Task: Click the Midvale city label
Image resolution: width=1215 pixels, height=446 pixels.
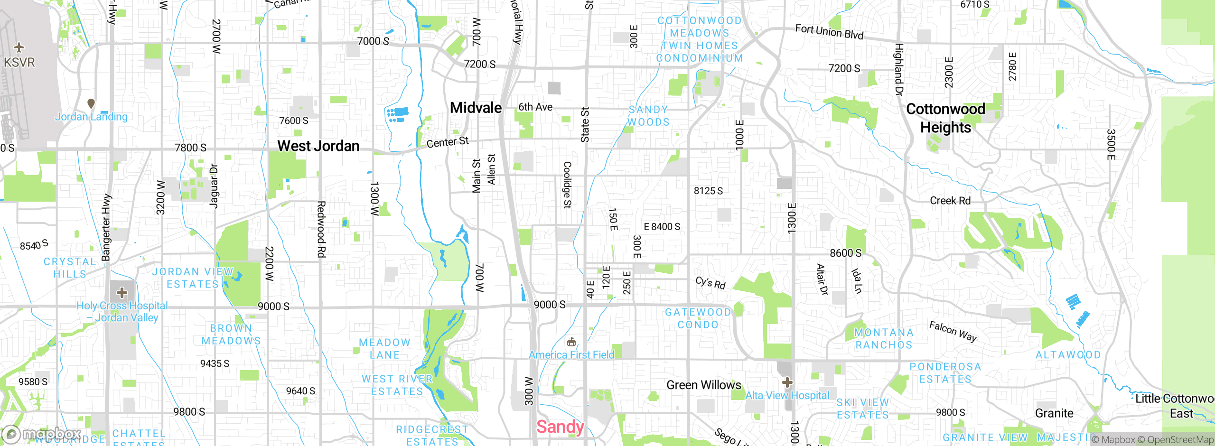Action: [x=476, y=108]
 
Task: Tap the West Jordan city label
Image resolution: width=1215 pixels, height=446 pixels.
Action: [x=318, y=146]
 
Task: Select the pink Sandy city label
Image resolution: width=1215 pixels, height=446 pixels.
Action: [x=560, y=427]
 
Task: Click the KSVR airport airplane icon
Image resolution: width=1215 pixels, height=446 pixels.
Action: [x=19, y=47]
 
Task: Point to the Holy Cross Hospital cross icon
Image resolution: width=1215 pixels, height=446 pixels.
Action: [x=122, y=292]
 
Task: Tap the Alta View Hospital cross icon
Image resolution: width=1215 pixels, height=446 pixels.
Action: [x=787, y=382]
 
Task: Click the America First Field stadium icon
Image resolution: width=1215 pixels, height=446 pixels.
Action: [x=571, y=342]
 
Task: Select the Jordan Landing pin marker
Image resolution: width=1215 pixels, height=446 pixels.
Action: [x=91, y=103]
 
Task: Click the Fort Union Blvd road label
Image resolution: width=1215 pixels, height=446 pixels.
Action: [x=829, y=32]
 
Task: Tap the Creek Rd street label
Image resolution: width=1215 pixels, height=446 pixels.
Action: [x=950, y=201]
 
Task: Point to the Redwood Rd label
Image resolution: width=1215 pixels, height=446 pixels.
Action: [x=321, y=230]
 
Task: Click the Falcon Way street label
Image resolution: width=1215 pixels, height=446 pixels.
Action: [x=953, y=331]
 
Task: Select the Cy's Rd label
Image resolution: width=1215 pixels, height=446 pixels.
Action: [x=710, y=283]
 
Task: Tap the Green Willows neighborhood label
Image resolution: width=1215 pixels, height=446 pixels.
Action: [x=704, y=385]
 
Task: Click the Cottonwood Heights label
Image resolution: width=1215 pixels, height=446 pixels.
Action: [x=945, y=118]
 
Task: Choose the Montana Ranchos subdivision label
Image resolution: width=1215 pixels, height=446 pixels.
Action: [x=884, y=339]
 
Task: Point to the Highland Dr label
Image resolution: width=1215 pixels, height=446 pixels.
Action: [x=898, y=69]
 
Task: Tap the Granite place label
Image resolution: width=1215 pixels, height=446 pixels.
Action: [x=1054, y=413]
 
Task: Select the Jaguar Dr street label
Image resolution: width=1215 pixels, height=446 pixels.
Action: [x=214, y=186]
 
